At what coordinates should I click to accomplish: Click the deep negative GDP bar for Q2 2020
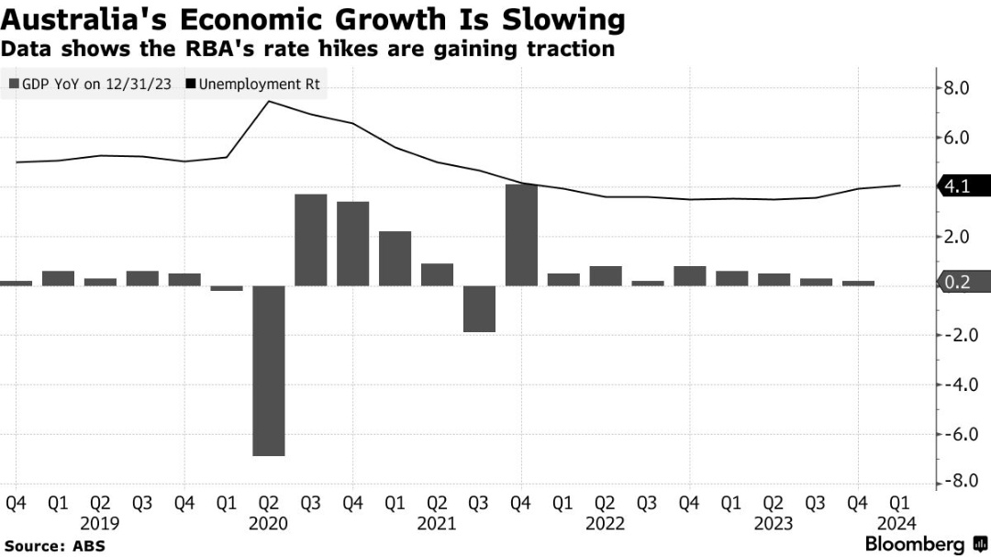click(268, 371)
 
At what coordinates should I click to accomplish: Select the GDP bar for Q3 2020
click(310, 240)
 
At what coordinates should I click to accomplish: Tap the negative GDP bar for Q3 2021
click(479, 308)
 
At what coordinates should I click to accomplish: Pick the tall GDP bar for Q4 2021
click(521, 235)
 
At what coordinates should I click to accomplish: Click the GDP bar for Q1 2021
click(395, 258)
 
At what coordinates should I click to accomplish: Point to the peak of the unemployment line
click(268, 101)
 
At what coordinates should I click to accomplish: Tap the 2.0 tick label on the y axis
click(956, 237)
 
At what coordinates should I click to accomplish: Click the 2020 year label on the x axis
click(268, 524)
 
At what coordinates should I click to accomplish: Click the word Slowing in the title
click(564, 19)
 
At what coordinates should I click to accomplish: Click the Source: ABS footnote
click(54, 546)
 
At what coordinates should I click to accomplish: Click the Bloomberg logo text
click(915, 544)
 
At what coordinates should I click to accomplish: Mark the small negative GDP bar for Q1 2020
click(226, 288)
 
